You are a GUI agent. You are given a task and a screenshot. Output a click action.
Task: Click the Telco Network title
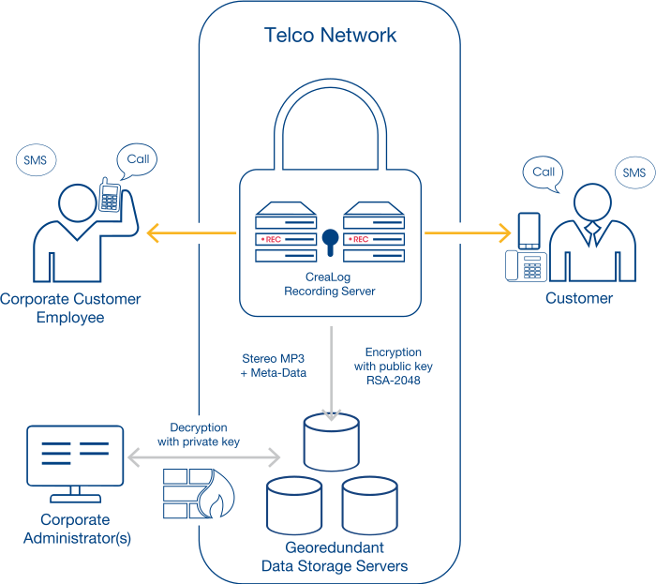330,35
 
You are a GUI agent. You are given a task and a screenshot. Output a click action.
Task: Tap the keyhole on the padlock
330,242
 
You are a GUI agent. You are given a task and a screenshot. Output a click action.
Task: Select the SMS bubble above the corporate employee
36,159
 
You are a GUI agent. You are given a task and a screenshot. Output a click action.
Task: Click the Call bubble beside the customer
543,173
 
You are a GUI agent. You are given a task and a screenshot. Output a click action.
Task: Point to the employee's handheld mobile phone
110,195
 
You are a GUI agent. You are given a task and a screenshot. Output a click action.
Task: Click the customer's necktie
592,233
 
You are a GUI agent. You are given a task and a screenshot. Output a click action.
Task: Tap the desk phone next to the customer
526,265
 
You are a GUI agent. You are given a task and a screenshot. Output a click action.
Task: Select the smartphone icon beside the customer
529,231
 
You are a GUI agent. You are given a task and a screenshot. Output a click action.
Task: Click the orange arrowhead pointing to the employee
153,233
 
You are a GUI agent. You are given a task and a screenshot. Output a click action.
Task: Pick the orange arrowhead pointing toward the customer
505,233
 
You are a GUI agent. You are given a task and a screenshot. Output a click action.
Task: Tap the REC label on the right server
361,239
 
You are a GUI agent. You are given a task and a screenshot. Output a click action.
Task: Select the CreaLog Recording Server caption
330,284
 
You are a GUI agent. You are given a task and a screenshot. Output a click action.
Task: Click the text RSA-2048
394,381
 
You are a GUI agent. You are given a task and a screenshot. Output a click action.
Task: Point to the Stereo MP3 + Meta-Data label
274,366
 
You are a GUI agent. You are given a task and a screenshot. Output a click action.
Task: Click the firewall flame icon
216,494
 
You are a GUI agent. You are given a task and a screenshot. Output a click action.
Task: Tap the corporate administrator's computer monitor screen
75,456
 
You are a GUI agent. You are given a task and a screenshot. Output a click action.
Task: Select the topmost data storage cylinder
332,442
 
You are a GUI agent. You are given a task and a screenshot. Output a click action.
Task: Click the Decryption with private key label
199,435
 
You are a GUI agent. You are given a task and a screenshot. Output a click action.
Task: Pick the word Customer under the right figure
579,298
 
